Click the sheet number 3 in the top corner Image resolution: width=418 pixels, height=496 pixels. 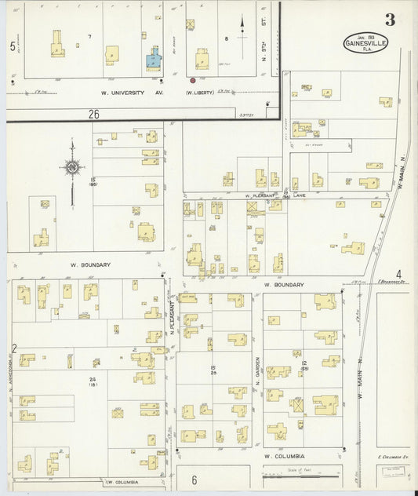[389, 20]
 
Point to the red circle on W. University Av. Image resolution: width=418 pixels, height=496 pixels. [193, 80]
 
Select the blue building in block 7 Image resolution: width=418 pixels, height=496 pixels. [153, 57]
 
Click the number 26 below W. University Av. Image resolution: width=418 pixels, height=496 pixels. [93, 114]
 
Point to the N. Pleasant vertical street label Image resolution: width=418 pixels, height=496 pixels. [171, 319]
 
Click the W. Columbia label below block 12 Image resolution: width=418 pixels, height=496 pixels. [283, 456]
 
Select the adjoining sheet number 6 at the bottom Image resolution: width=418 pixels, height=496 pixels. [194, 480]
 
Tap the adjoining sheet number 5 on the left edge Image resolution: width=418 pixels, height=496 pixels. [13, 47]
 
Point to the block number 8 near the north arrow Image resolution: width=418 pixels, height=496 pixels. [226, 37]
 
